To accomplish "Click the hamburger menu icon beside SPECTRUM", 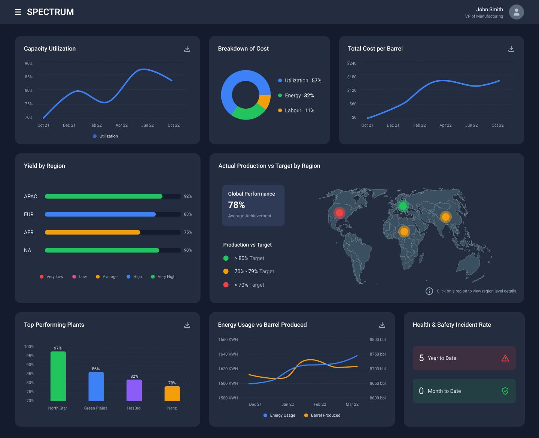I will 18,12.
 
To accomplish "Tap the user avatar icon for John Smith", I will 516,12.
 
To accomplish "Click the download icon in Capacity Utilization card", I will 187,49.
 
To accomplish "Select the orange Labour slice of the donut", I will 265,102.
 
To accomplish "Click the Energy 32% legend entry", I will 296,96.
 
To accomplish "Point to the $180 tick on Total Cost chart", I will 352,77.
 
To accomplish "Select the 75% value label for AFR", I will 188,232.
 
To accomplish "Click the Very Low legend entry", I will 52,277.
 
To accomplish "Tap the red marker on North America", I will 339,213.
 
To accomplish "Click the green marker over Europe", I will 403,206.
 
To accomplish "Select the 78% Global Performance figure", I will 237,205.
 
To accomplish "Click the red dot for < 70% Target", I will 226,285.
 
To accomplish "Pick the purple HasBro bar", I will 134,390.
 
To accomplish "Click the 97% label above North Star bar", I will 58,348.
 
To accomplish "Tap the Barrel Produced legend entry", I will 322,415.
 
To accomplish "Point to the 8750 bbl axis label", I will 377,354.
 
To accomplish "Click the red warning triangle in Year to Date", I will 505,358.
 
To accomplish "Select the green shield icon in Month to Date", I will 505,391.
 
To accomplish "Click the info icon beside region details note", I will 429,291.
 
